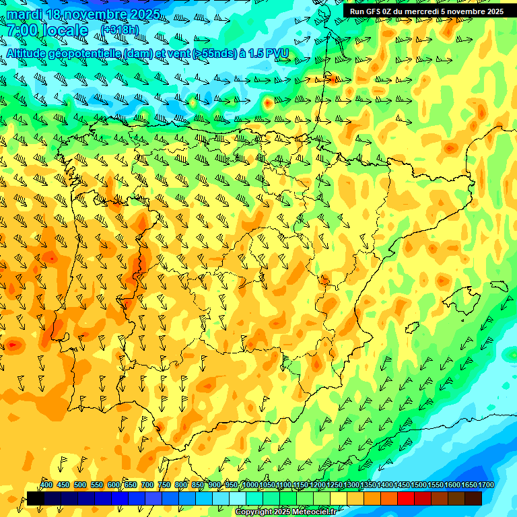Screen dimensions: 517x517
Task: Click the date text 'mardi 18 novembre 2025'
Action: [x=83, y=14]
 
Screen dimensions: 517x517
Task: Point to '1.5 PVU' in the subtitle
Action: [x=270, y=53]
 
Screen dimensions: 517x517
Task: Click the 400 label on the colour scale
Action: [x=46, y=485]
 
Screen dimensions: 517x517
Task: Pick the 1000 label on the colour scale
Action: [x=250, y=485]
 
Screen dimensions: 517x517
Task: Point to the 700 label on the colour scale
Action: [x=147, y=485]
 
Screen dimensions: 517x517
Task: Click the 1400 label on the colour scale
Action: [x=384, y=485]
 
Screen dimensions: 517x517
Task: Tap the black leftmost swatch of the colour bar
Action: [x=36, y=498]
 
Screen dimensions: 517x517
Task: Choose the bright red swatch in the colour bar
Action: [x=406, y=498]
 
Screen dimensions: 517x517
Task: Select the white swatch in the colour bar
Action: [x=238, y=498]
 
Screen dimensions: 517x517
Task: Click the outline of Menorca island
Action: [x=499, y=286]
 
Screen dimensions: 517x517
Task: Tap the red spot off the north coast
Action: [x=268, y=103]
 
